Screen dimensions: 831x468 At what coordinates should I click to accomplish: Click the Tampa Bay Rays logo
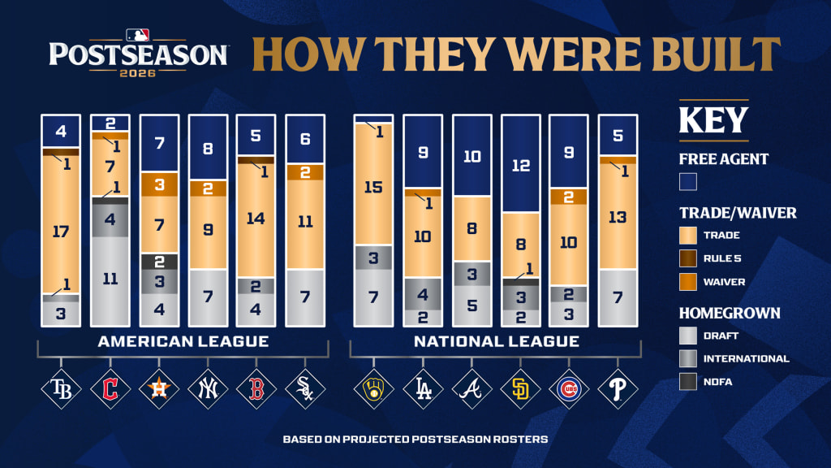[x=61, y=389]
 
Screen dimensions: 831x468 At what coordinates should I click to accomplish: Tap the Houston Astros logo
[x=159, y=389]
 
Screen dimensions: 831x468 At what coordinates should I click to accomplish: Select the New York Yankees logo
[x=208, y=389]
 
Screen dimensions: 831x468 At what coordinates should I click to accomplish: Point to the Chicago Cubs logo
[x=569, y=389]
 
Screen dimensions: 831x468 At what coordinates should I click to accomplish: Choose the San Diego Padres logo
[x=520, y=389]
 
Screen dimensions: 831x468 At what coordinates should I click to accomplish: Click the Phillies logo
[x=618, y=389]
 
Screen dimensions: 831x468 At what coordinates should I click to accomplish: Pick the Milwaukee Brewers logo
[x=373, y=389]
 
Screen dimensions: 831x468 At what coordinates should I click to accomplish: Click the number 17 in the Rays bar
[x=61, y=232]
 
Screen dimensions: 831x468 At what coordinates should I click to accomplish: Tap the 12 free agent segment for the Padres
[x=521, y=164]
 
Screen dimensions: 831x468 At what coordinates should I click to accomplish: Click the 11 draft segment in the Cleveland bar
[x=110, y=280]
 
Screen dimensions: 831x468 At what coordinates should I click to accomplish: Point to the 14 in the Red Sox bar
[x=256, y=219]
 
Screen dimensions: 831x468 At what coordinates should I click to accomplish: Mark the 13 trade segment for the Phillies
[x=618, y=216]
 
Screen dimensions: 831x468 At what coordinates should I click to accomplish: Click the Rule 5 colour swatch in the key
[x=688, y=258]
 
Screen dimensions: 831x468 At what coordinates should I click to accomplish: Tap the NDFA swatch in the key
[x=688, y=382]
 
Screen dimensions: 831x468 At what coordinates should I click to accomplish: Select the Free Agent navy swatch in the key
[x=688, y=182]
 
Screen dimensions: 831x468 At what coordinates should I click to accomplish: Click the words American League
[x=183, y=341]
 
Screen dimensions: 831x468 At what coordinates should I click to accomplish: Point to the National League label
[x=497, y=341]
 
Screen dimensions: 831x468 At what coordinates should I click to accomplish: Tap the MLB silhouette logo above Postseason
[x=137, y=35]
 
